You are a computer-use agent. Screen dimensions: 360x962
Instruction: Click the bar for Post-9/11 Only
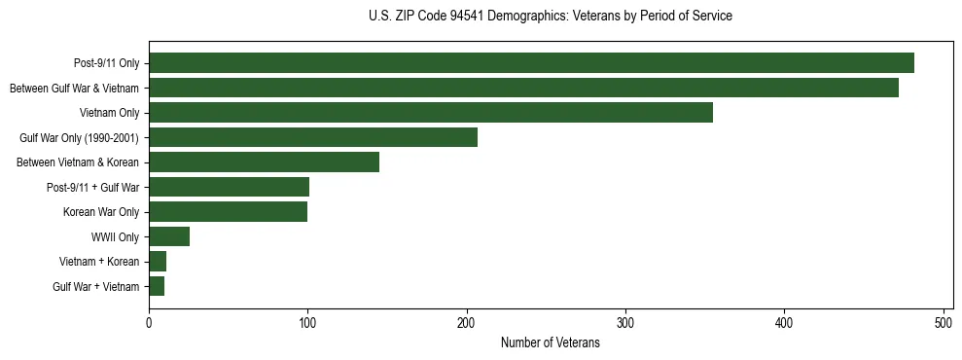tap(531, 63)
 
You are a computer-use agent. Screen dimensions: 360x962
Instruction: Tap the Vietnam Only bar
tap(431, 113)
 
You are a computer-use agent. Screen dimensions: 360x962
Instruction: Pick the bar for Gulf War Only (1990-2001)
tap(313, 137)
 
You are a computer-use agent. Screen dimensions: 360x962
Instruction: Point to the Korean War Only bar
tap(228, 212)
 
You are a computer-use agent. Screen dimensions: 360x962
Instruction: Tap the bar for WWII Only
tap(169, 236)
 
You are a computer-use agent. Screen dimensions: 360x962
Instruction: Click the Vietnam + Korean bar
tap(158, 262)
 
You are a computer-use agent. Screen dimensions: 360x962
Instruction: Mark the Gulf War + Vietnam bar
tap(157, 286)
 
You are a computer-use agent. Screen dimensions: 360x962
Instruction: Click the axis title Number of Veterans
tap(550, 343)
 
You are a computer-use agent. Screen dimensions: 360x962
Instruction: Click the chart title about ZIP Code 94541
tap(551, 17)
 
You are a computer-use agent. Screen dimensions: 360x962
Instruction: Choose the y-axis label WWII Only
tap(115, 236)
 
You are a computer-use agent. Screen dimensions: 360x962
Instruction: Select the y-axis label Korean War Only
tap(101, 212)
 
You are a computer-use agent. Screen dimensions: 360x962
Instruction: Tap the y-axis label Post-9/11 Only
tap(106, 63)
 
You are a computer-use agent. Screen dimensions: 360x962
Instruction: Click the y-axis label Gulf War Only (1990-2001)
tap(79, 137)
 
